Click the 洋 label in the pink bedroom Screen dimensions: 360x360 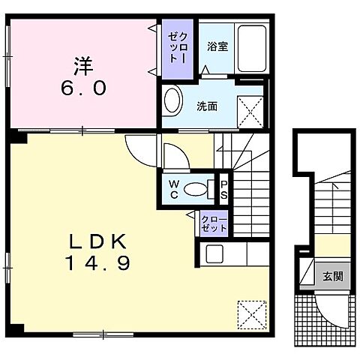83,66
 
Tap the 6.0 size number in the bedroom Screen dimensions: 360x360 83,88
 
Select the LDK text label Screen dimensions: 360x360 97,241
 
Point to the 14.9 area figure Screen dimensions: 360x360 97,263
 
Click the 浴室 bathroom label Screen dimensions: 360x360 217,46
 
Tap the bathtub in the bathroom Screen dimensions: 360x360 252,49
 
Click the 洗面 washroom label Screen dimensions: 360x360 207,106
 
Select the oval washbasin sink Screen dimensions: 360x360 172,100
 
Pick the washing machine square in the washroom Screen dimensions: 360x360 250,112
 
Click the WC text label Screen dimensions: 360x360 174,190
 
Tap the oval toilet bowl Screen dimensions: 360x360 196,189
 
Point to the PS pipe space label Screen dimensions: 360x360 224,190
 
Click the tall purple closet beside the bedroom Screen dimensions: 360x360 178,49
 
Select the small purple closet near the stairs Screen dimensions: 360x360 214,223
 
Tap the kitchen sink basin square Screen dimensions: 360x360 214,253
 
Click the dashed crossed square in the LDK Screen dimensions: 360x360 252,315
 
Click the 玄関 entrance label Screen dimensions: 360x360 333,277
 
